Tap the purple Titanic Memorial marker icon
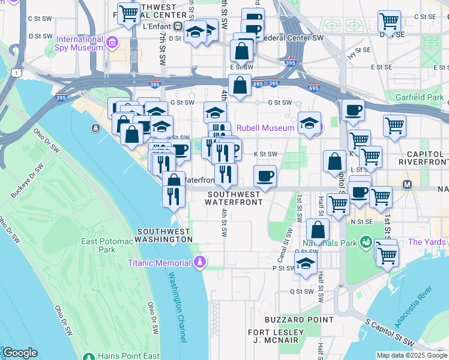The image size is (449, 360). click(x=200, y=262)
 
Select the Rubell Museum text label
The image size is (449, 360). click(x=265, y=128)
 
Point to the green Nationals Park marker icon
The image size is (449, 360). click(x=366, y=243)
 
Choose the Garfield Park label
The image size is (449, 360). click(x=419, y=97)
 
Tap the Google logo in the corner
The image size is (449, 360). click(x=20, y=353)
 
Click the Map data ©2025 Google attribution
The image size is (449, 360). click(x=412, y=355)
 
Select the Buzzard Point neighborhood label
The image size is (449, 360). click(x=290, y=320)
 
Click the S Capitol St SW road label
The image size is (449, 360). click(x=391, y=332)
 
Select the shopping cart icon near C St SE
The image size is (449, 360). click(x=390, y=20)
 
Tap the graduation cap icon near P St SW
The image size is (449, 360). click(x=306, y=263)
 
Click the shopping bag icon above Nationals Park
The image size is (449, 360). click(x=318, y=229)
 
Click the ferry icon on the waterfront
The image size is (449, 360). click(x=95, y=128)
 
